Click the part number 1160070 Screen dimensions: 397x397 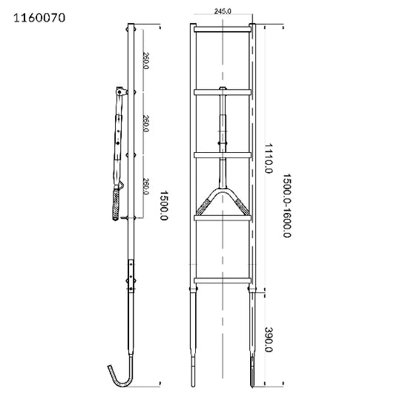[39, 18]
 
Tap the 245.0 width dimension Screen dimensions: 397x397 [223, 11]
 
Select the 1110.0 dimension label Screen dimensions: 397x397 [269, 158]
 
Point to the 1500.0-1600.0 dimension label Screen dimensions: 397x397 [287, 206]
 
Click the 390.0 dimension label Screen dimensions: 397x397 [269, 340]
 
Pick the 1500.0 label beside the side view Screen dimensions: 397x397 [164, 206]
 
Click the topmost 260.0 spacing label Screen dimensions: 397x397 [146, 61]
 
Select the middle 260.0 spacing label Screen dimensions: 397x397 [146, 123]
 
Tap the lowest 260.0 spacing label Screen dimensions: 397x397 [146, 186]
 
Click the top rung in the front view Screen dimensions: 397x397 [223, 29]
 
